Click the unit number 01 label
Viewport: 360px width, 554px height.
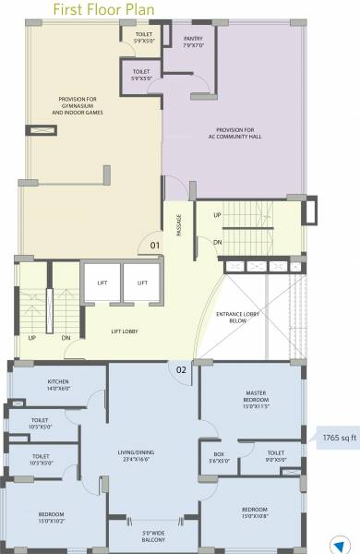(156, 245)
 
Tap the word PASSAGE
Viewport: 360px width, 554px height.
(179, 227)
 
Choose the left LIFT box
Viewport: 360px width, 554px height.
(102, 283)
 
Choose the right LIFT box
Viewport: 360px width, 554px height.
(142, 283)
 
